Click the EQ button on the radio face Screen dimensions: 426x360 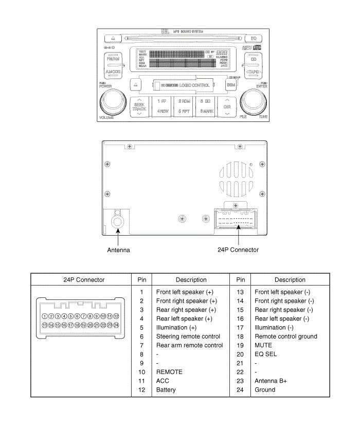tap(253, 38)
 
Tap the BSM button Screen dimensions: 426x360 tap(231, 84)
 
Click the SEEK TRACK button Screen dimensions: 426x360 tap(139, 106)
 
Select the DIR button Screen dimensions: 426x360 tap(227, 106)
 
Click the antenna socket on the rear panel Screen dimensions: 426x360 tap(118, 222)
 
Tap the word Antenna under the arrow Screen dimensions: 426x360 tap(118, 250)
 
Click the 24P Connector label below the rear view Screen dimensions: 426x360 tap(238, 250)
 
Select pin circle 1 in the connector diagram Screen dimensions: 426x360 tap(45, 316)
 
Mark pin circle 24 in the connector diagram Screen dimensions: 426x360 tap(116, 325)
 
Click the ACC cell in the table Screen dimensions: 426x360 tap(163, 381)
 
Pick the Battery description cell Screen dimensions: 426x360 tap(166, 390)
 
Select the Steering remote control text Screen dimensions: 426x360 tap(188, 336)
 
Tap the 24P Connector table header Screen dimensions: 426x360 tap(84, 280)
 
